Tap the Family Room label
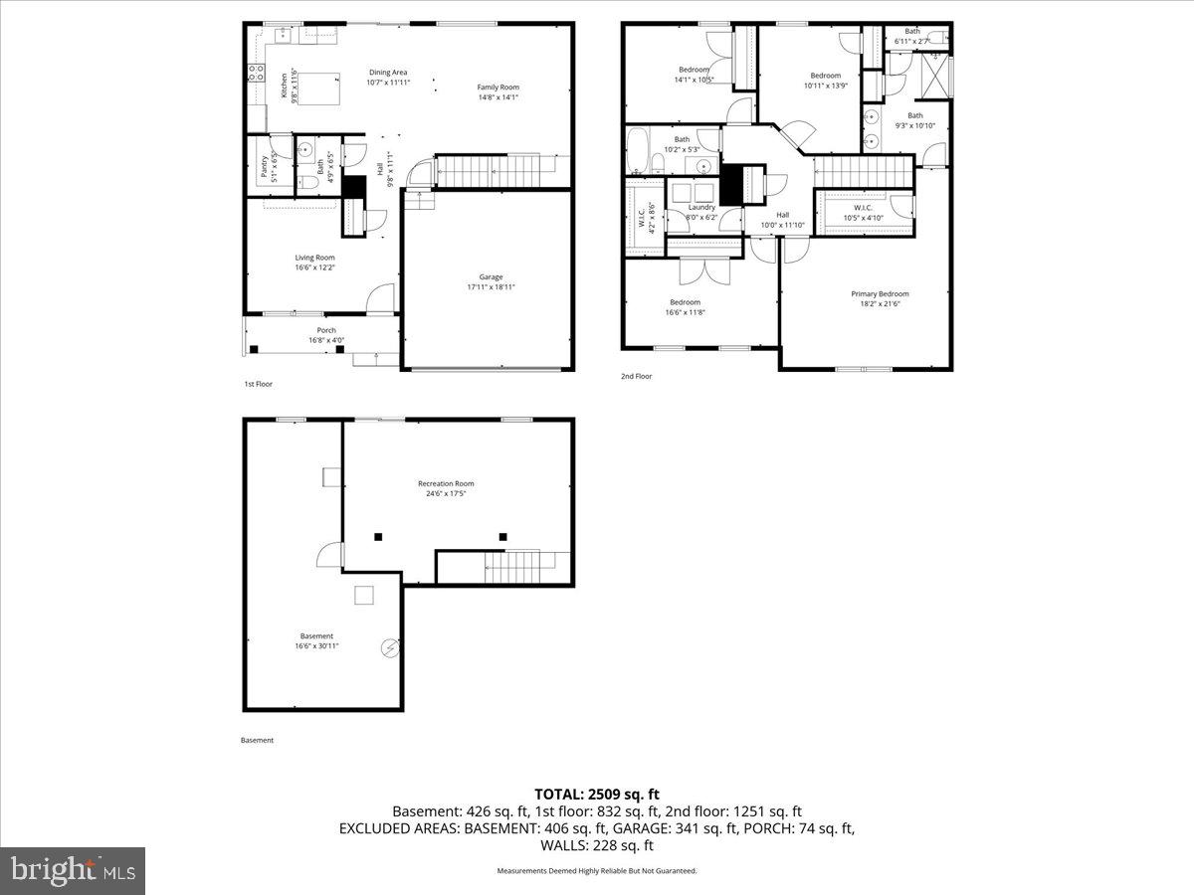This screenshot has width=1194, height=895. click(497, 88)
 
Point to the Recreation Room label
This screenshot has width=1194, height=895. click(445, 483)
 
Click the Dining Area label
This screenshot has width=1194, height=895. click(388, 73)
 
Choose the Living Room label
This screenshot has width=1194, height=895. click(314, 258)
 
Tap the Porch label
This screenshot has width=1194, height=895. click(326, 330)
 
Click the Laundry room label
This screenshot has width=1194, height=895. click(701, 207)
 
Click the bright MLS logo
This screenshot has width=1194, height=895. click(73, 871)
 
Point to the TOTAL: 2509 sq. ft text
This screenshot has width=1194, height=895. click(597, 794)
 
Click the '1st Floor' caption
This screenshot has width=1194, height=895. click(258, 384)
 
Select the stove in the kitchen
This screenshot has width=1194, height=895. click(254, 72)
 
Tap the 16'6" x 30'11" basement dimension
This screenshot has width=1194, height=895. click(316, 646)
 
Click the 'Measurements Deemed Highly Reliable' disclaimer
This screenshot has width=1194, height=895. click(597, 870)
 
